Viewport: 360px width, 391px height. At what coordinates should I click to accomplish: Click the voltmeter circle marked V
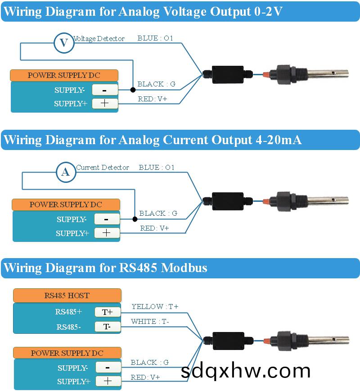[x=64, y=43]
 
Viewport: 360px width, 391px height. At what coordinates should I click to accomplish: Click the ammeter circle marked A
[x=66, y=172]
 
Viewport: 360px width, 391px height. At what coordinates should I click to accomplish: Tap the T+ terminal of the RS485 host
[x=107, y=312]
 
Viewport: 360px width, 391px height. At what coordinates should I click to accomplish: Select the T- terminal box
[x=107, y=327]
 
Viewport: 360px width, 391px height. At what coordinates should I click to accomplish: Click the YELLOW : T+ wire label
[x=155, y=307]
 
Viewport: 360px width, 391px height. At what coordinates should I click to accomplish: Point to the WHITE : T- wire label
[x=150, y=322]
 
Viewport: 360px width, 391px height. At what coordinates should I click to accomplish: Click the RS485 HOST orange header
[x=67, y=296]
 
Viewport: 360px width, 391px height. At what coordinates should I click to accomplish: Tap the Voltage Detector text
[x=99, y=39]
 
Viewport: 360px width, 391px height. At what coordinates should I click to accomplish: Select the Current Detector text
[x=103, y=168]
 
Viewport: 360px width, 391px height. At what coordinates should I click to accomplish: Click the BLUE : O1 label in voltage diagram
[x=155, y=38]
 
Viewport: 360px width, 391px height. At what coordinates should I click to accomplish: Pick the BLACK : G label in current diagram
[x=158, y=213]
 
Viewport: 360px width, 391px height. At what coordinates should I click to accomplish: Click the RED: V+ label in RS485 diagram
[x=145, y=377]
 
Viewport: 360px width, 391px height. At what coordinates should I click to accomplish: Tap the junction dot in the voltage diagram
[x=133, y=90]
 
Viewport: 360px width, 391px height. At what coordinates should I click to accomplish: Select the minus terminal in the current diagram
[x=107, y=219]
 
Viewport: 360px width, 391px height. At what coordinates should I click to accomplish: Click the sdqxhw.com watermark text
[x=246, y=371]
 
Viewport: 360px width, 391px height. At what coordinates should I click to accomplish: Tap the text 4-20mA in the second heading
[x=277, y=140]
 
